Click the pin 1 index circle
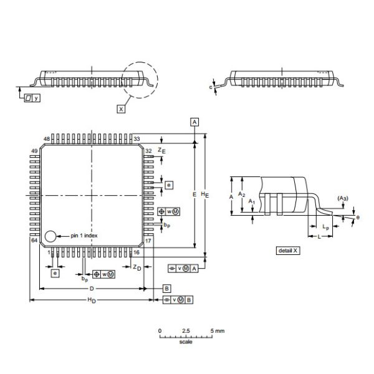pyautogui.click(x=50, y=236)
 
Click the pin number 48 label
pyautogui.click(x=46, y=139)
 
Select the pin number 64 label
pyautogui.click(x=34, y=240)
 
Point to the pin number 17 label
pyautogui.click(x=148, y=240)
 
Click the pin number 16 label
pyautogui.click(x=136, y=252)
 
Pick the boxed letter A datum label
pyautogui.click(x=195, y=122)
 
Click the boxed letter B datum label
pyautogui.click(x=166, y=288)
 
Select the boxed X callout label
pyautogui.click(x=122, y=108)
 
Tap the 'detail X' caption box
pyautogui.click(x=288, y=251)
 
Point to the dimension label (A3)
pyautogui.click(x=343, y=198)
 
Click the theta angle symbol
pyautogui.click(x=357, y=217)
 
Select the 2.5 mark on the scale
pyautogui.click(x=186, y=330)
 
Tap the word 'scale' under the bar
pyautogui.click(x=186, y=342)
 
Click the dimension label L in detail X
pyautogui.click(x=319, y=237)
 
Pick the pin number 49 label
pyautogui.click(x=34, y=151)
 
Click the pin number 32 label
pyautogui.click(x=148, y=151)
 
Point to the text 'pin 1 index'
pyautogui.click(x=84, y=236)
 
